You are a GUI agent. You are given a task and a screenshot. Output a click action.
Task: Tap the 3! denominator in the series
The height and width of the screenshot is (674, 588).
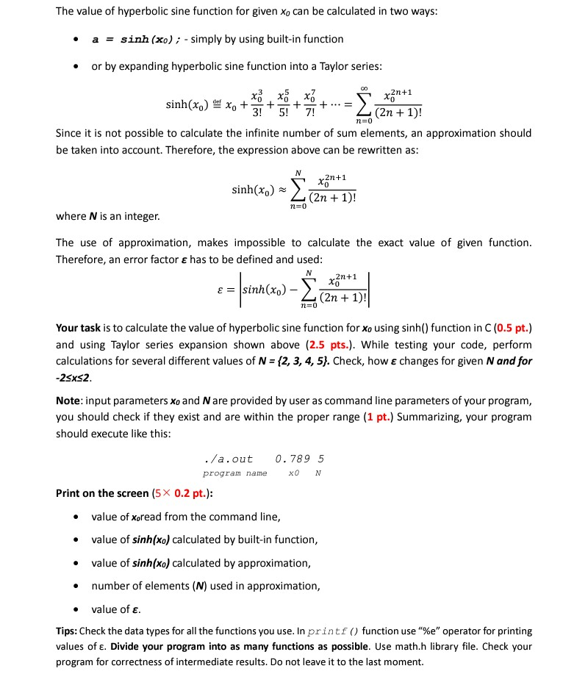coord(256,113)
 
